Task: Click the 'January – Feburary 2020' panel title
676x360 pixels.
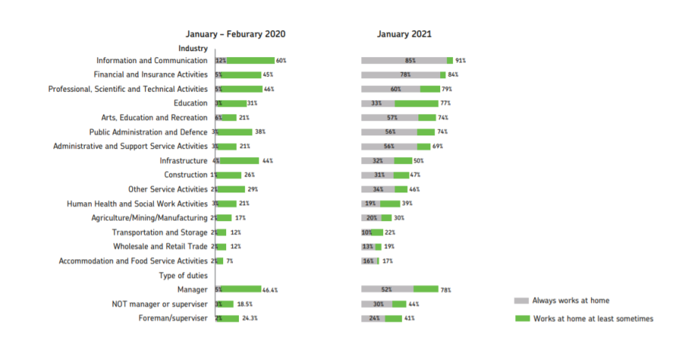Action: coord(236,34)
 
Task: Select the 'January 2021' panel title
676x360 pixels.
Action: coord(404,34)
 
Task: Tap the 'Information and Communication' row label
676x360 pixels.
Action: coord(152,60)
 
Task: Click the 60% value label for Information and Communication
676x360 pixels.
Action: coord(282,60)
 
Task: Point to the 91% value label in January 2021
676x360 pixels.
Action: coord(460,60)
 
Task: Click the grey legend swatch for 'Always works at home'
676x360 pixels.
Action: coord(521,300)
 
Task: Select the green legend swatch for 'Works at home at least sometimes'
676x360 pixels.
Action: coord(521,319)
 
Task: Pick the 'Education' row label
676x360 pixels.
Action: coord(191,103)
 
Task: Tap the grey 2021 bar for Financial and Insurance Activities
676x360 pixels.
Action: coord(400,74)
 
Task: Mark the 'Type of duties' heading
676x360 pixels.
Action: coord(183,275)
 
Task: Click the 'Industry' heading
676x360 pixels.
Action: coord(193,48)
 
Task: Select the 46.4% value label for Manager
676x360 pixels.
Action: coord(272,289)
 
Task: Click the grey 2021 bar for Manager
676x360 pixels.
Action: coord(387,289)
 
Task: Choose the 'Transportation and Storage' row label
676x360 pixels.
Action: coord(159,232)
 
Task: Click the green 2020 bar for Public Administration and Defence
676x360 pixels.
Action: coord(235,132)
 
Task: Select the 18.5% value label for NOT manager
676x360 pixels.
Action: coord(245,304)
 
